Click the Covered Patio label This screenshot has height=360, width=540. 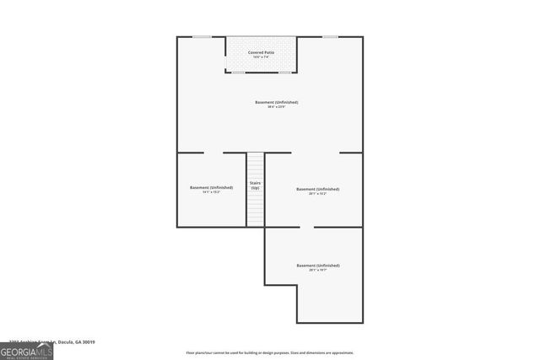coord(261,52)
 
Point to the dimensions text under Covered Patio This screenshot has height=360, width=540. coord(261,57)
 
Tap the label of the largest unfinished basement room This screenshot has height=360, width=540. coord(277,102)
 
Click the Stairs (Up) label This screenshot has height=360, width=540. coord(255,185)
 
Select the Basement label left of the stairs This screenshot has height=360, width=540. coord(211,187)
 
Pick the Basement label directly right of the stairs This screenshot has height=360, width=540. coord(317,189)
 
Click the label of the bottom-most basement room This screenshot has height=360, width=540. coord(317,266)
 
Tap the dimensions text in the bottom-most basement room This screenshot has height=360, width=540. coord(317,271)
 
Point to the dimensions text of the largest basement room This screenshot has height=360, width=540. coord(277,107)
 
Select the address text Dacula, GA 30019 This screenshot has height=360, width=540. coord(74,342)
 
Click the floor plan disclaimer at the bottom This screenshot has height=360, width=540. coord(270,352)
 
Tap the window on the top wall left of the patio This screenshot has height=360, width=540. coord(202,37)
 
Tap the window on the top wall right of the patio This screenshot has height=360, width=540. coord(330,37)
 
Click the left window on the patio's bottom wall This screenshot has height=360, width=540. coord(239,72)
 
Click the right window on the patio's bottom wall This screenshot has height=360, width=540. coord(284,72)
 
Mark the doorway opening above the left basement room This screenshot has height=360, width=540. coord(214,153)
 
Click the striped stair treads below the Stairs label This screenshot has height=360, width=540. coord(255,209)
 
